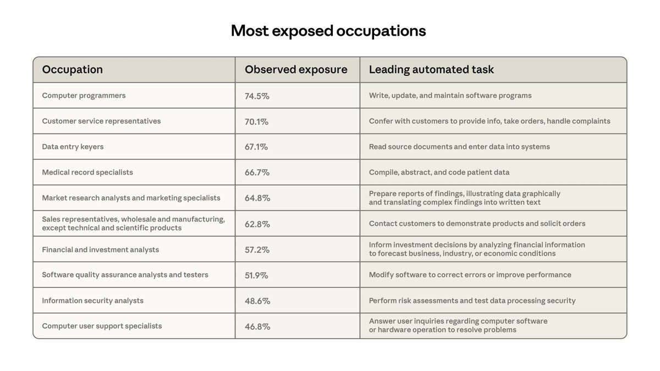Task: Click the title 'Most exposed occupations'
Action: click(328, 31)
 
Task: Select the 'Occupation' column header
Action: click(72, 70)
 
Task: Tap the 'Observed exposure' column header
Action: click(296, 70)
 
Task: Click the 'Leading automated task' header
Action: click(431, 70)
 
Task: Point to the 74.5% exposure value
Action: click(257, 96)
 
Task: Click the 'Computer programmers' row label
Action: click(84, 96)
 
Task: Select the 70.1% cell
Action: click(256, 121)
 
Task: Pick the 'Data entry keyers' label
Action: click(73, 147)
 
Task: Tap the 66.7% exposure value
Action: click(257, 173)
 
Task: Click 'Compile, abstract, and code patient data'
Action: click(439, 173)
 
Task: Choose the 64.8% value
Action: click(257, 198)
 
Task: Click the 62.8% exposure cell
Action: click(257, 224)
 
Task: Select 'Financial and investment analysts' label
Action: click(100, 250)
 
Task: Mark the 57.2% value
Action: click(257, 250)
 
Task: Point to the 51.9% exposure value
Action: click(256, 275)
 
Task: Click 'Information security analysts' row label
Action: click(92, 301)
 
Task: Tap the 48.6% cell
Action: click(257, 301)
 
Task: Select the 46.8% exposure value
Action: click(257, 326)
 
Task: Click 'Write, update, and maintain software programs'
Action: click(450, 96)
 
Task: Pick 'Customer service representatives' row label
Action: click(101, 121)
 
